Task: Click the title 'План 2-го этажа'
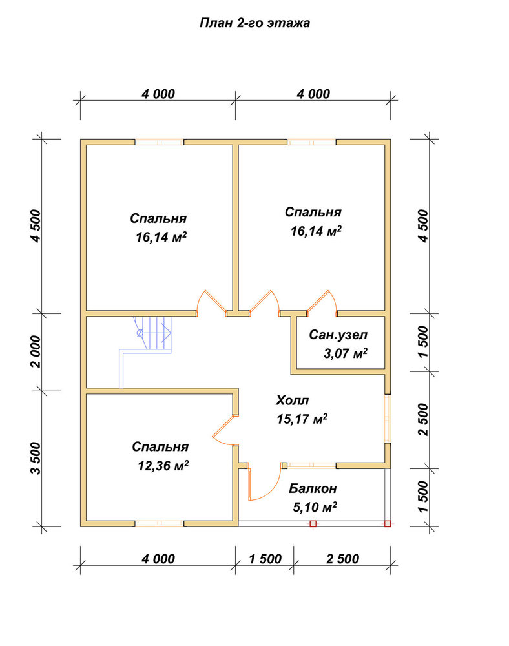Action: [254, 23]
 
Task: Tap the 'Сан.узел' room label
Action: [338, 335]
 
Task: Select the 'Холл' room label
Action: [292, 400]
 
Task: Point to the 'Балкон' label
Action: [313, 488]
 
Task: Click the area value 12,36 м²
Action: [163, 466]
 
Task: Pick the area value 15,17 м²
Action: [302, 419]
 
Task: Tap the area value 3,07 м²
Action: [345, 353]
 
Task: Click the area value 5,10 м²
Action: [315, 506]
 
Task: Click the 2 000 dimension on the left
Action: [36, 351]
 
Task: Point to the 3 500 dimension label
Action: [36, 458]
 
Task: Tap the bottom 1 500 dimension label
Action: [265, 559]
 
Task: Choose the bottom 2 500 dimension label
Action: [342, 559]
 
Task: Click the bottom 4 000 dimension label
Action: [158, 559]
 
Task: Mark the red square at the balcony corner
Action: [388, 524]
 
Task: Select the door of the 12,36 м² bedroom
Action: [224, 430]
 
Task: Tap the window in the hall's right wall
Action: [388, 419]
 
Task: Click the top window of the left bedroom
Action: [160, 142]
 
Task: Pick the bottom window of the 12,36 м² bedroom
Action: [160, 524]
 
